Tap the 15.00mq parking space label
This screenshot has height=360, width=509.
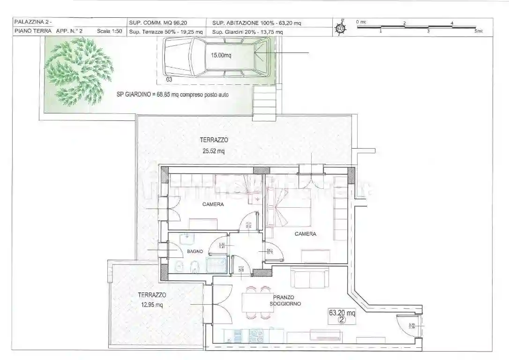click(x=221, y=55)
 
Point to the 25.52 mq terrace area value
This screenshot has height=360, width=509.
click(x=214, y=151)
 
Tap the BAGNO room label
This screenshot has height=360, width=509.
click(x=195, y=252)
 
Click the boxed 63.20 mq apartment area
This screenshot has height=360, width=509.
click(x=342, y=312)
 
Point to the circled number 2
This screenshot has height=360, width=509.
click(x=342, y=321)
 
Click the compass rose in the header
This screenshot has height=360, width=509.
click(x=342, y=28)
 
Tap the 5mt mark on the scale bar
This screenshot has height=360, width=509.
click(x=478, y=31)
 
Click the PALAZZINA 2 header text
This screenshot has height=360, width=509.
click(x=34, y=22)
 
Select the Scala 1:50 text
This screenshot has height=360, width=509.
click(x=109, y=31)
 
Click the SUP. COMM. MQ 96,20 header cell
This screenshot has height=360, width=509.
click(x=155, y=22)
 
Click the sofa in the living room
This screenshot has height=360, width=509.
click(x=310, y=277)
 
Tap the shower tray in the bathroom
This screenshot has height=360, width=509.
click(x=216, y=265)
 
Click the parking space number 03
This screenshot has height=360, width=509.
click(x=169, y=80)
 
